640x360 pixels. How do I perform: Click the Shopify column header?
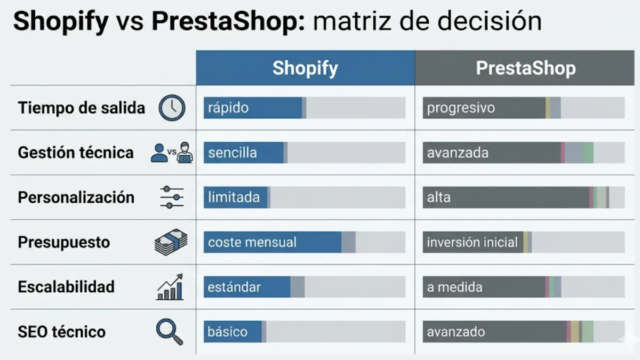tap(305, 68)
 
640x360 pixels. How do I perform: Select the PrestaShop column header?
tap(525, 68)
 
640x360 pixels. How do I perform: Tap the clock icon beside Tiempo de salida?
tap(172, 108)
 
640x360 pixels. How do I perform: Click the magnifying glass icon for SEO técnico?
tap(169, 331)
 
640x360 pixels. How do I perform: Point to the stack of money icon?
tap(171, 242)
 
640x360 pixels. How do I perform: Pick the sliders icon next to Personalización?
tap(172, 197)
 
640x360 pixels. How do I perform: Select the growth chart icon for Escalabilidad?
tap(170, 287)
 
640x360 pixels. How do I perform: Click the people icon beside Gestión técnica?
tap(172, 153)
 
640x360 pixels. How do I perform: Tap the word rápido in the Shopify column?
tap(228, 108)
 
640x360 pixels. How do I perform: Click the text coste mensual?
tap(252, 242)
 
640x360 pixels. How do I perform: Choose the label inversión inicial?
tap(472, 243)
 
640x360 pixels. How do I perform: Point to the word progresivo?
tap(461, 108)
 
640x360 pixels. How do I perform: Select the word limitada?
tap(234, 197)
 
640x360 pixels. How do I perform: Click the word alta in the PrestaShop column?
tap(438, 197)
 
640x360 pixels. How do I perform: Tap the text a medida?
tap(454, 287)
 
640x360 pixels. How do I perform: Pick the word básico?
tap(227, 332)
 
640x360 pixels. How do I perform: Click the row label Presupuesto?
tap(64, 242)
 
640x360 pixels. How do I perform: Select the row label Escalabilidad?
tap(66, 287)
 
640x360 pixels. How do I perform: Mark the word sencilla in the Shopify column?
tap(233, 153)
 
